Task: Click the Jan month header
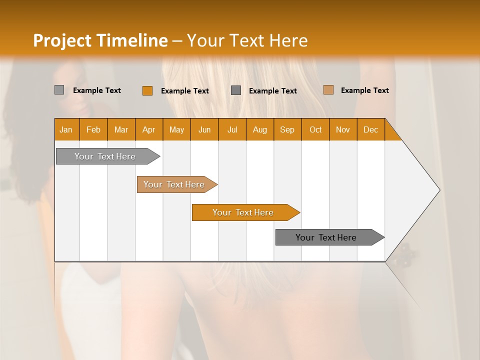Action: pyautogui.click(x=66, y=130)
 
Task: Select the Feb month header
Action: pyautogui.click(x=93, y=130)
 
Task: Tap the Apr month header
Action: pyautogui.click(x=148, y=130)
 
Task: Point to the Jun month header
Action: pyautogui.click(x=204, y=130)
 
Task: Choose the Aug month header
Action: pyautogui.click(x=259, y=130)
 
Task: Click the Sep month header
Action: pyautogui.click(x=287, y=130)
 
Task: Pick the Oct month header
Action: pyautogui.click(x=315, y=130)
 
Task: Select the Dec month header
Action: pyautogui.click(x=370, y=130)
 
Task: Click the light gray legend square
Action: pyautogui.click(x=59, y=90)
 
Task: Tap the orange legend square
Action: pyautogui.click(x=147, y=90)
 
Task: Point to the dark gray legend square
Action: pyautogui.click(x=236, y=90)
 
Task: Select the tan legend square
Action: pyautogui.click(x=328, y=90)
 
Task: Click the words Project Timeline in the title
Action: pyautogui.click(x=100, y=40)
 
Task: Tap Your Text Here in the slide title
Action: pyautogui.click(x=247, y=40)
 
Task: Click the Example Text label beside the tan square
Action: pyautogui.click(x=364, y=90)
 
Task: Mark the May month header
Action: pyautogui.click(x=176, y=130)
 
